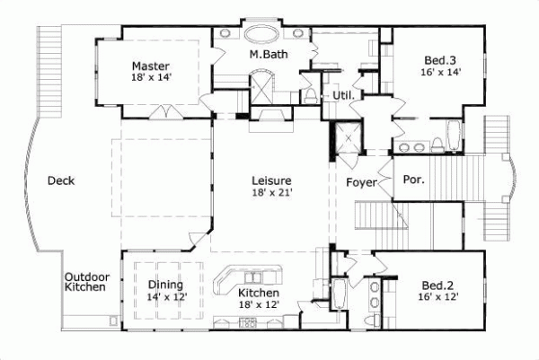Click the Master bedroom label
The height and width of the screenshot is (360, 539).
(x=151, y=66)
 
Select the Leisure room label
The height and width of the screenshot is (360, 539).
(x=271, y=180)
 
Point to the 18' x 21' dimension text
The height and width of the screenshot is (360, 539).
(x=272, y=193)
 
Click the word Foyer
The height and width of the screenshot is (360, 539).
(x=361, y=182)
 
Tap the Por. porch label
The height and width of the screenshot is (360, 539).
(x=413, y=180)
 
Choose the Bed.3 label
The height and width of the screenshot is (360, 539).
(x=440, y=60)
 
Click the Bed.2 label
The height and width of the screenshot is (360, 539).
(x=437, y=285)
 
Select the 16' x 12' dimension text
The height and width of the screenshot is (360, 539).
(x=438, y=297)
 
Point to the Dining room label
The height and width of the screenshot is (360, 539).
(x=165, y=285)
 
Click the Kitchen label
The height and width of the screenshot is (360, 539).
(x=259, y=293)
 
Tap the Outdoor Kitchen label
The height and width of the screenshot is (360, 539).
(x=87, y=282)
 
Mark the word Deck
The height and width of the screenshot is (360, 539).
(x=61, y=180)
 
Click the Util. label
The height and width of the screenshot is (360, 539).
(x=343, y=95)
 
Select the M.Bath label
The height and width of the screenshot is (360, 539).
(x=269, y=54)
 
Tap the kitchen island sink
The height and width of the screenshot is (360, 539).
(x=253, y=277)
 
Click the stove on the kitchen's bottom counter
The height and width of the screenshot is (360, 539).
(x=248, y=322)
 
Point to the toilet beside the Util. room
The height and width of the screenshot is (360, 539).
(x=311, y=96)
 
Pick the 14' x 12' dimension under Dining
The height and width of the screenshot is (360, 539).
(x=167, y=297)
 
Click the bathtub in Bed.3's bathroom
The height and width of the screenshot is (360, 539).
(x=454, y=136)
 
